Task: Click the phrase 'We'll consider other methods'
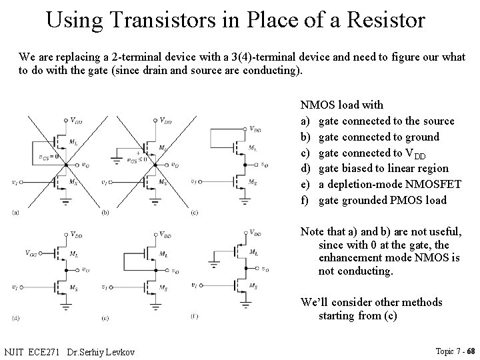pos(371,302)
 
